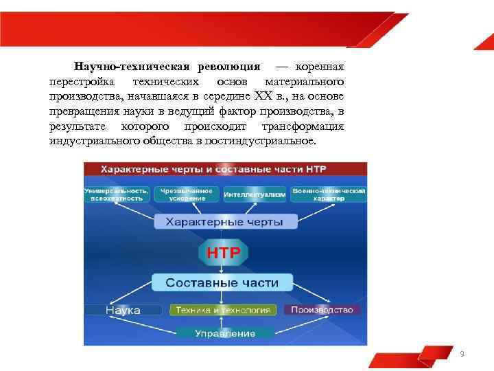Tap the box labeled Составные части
[222, 282]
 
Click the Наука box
[123, 311]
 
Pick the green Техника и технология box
[224, 310]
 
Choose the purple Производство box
[322, 310]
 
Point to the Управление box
[224, 333]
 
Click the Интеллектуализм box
[255, 195]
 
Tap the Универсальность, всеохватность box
[116, 194]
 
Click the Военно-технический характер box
[329, 194]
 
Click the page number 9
[462, 354]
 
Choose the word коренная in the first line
[320, 67]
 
